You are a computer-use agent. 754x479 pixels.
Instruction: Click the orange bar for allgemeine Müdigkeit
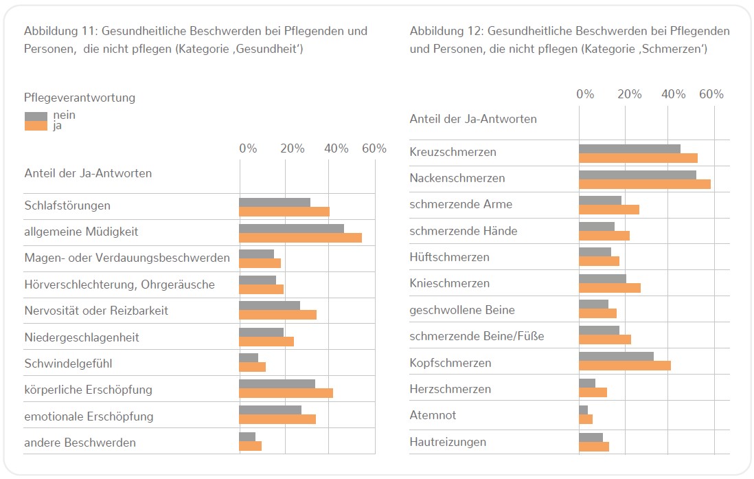coord(300,238)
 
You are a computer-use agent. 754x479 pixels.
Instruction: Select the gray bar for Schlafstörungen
coord(275,202)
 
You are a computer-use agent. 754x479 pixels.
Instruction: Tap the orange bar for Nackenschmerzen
coord(644,183)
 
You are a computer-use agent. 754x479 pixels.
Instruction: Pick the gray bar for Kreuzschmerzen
coord(629,148)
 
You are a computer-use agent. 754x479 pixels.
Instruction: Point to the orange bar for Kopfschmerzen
coord(624,366)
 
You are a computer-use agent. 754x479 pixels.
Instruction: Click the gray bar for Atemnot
coord(583,410)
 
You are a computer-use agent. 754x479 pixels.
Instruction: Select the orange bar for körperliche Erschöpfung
coord(286,393)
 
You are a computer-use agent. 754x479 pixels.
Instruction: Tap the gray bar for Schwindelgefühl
coord(249,357)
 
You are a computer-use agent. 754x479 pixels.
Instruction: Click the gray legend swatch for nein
coord(36,116)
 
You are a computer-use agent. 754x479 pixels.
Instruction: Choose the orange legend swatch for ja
coord(36,126)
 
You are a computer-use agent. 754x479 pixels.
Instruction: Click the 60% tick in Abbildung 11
coord(374,149)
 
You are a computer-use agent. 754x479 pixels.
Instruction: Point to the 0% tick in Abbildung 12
coord(585,94)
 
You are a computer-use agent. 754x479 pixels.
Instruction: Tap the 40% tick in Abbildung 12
coord(674,94)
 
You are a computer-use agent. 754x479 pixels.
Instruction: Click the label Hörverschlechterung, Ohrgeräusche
coord(119,285)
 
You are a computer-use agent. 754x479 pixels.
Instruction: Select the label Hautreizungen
coord(448,442)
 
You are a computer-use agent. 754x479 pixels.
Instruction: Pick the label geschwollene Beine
coord(461,310)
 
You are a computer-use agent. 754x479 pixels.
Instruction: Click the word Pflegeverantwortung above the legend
coord(80,98)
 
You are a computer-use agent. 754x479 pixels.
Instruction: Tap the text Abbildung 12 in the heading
coord(446,31)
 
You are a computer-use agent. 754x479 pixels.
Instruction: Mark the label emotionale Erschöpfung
coord(89,416)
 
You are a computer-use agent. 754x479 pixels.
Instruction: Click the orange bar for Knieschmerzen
coord(609,287)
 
